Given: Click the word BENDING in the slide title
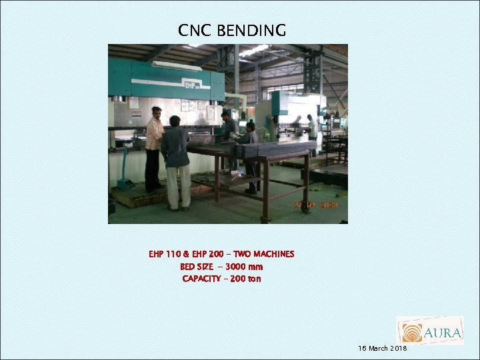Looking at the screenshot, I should [x=251, y=31].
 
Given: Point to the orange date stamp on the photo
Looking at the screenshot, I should [x=316, y=206].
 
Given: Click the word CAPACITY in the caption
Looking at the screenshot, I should [x=201, y=279].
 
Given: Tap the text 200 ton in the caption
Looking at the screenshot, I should [x=246, y=279].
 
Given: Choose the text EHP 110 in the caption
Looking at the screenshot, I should [x=165, y=254].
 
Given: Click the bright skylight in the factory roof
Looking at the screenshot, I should [x=253, y=51].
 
